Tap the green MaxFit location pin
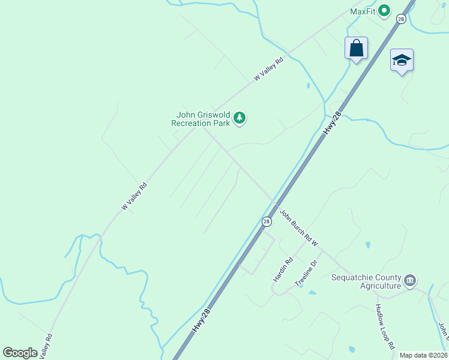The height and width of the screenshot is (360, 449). [385, 11]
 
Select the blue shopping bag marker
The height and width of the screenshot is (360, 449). [356, 48]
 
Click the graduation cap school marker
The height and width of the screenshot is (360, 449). [402, 60]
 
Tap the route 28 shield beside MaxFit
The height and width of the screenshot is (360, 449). [401, 19]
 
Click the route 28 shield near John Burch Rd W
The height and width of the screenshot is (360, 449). [266, 221]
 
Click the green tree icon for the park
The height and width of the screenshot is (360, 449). [240, 118]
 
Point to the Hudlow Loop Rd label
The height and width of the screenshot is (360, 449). [384, 326]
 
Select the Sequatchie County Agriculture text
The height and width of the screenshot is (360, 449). [366, 281]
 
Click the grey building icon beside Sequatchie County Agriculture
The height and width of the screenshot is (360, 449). [411, 281]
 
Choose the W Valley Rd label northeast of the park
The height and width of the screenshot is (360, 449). [268, 69]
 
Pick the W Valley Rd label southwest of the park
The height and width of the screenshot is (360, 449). [134, 196]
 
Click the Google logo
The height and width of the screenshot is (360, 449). [20, 353]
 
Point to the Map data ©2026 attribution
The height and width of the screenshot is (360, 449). [424, 355]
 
